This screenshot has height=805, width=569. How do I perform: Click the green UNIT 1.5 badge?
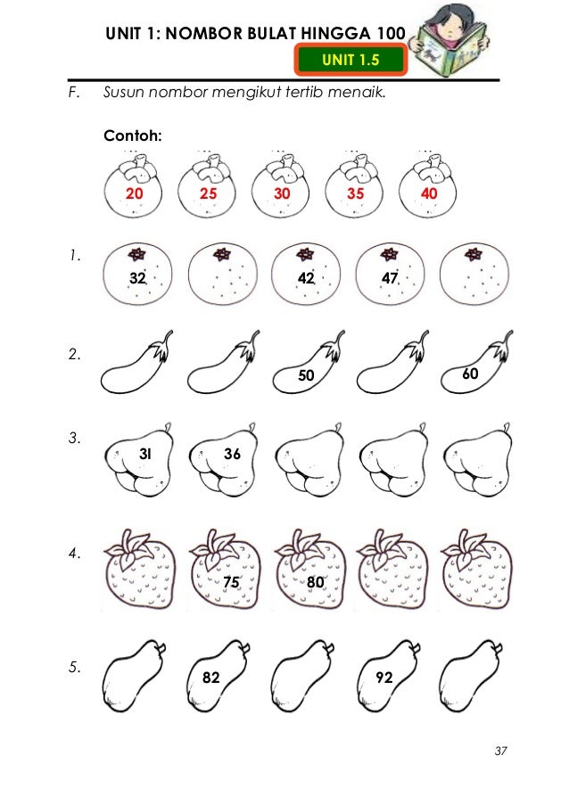pos(350,60)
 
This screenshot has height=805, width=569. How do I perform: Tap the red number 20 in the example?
pos(134,193)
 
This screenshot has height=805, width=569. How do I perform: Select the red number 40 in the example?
pos(429,193)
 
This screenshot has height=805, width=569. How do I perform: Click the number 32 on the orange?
pos(137,278)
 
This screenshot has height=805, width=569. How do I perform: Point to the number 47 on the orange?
pos(390,278)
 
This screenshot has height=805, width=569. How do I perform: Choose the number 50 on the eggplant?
pos(306,375)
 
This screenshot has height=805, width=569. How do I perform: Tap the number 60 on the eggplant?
pos(470,374)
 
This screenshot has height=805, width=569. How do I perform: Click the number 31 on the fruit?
pos(145,454)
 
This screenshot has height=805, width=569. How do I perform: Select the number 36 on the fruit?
pos(232,454)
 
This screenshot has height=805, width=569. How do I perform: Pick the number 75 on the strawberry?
pos(231,581)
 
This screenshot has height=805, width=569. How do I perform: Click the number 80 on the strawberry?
pos(316,581)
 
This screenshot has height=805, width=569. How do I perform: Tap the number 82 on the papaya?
pos(211,678)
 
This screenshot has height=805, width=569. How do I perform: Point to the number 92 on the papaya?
pos(384,678)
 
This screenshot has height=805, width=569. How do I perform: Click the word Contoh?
pos(133,136)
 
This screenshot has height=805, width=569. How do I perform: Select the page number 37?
pos(500,751)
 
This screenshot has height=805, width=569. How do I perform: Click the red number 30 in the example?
pos(282,193)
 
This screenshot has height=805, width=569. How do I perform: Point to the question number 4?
pos(74,553)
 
